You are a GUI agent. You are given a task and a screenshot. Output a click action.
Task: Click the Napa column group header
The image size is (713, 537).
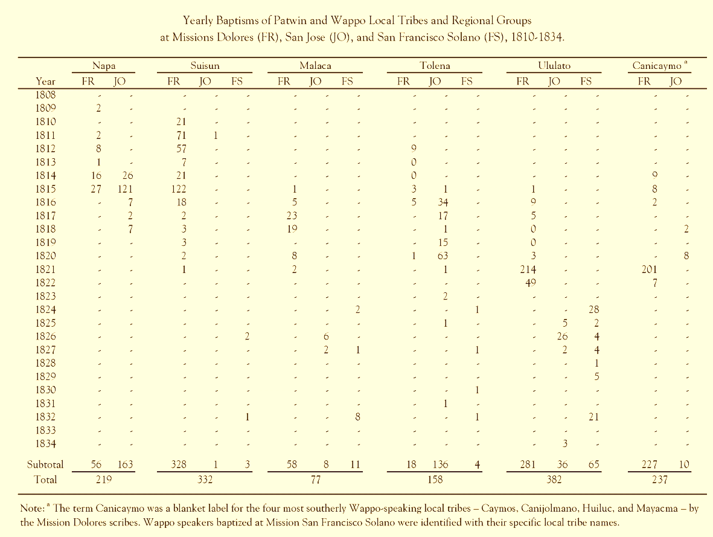coord(104,65)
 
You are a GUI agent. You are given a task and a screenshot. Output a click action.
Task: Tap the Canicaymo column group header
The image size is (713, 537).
coord(657,65)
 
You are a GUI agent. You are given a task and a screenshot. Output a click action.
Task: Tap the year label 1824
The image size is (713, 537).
coord(45,309)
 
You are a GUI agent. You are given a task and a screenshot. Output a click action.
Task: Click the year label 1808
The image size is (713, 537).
coord(45,94)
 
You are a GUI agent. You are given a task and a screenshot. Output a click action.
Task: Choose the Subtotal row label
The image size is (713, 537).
coord(45,465)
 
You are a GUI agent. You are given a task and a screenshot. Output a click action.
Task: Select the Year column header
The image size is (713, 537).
coord(45,80)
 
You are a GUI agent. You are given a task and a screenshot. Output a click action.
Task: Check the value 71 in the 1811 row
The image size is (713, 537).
coord(179,135)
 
